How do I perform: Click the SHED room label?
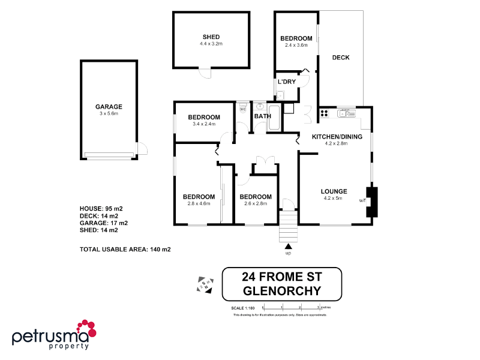coord(211,37)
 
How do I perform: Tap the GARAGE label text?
coord(109,106)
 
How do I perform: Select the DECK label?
coord(341,58)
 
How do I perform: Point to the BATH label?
coord(263,116)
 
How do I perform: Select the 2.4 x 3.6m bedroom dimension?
coord(296,45)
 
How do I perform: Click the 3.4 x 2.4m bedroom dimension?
coord(204,124)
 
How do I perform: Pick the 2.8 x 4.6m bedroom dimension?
coord(199,203)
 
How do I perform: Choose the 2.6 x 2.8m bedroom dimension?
coord(256,203)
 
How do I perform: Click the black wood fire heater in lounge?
coord(373,202)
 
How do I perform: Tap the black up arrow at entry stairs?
coord(289,246)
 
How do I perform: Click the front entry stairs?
coord(289,226)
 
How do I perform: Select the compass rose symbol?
coord(206,284)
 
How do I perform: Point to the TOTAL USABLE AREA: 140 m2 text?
coord(125,249)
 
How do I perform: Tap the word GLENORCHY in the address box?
coord(281,291)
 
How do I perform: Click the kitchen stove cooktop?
coord(324,112)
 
